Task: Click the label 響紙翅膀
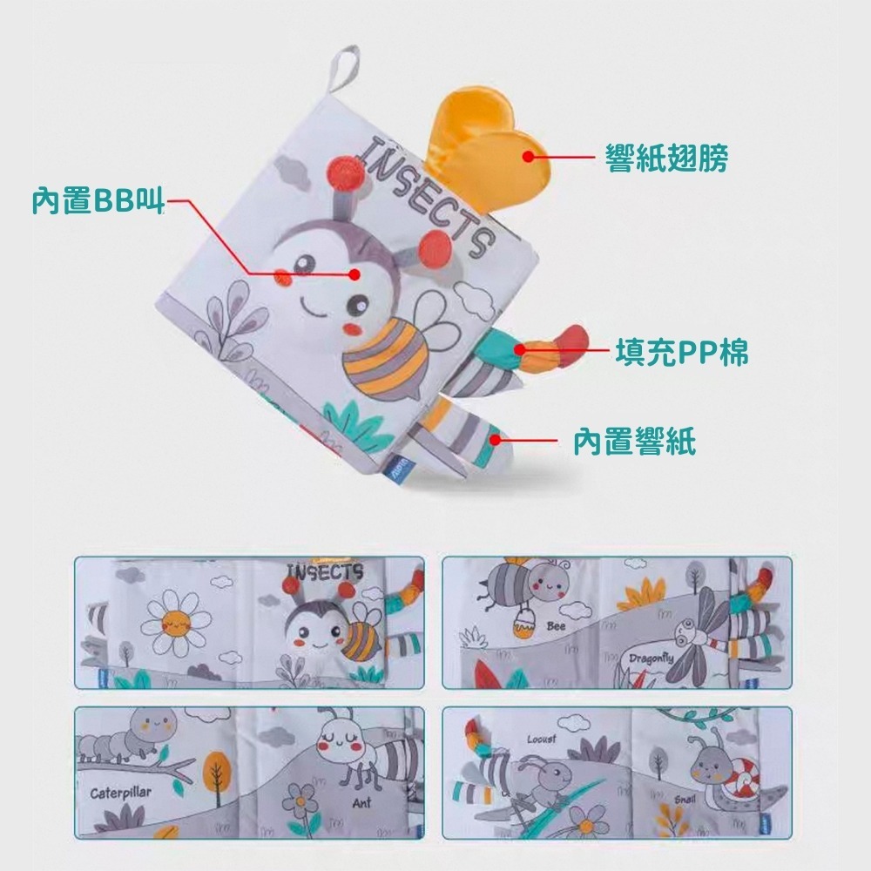667,158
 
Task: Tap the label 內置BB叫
97,200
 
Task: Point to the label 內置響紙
634,442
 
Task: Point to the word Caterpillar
121,793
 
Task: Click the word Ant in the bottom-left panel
361,801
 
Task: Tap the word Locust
541,739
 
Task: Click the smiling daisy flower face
177,622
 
